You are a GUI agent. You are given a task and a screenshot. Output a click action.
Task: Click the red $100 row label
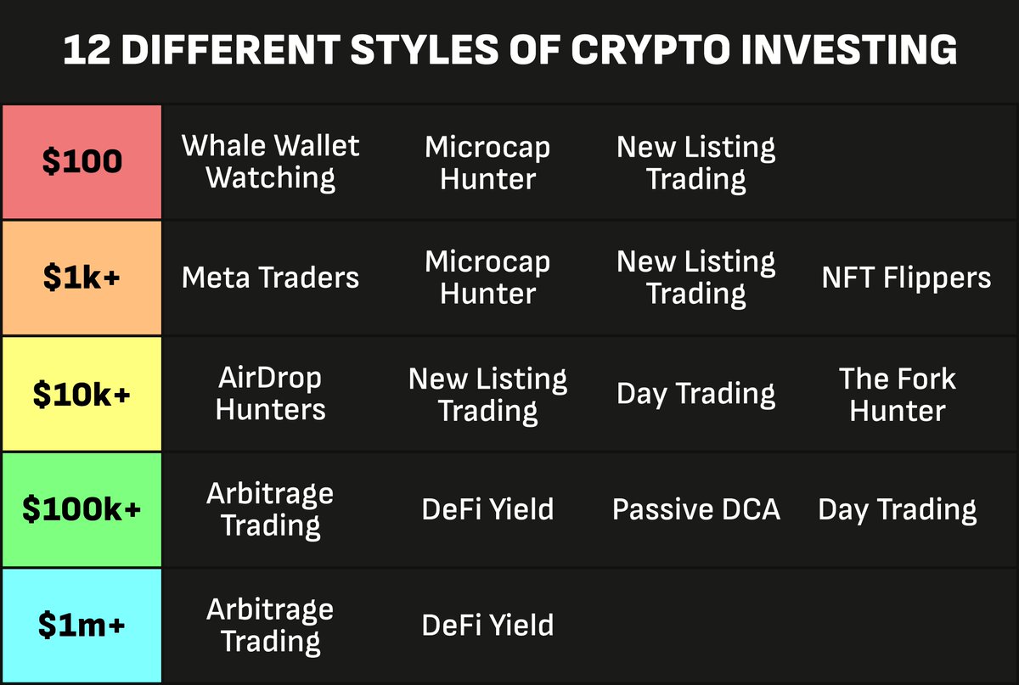[82, 162]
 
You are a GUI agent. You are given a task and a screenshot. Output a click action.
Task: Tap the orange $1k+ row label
[82, 278]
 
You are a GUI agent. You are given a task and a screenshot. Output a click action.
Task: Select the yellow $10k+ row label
[82, 394]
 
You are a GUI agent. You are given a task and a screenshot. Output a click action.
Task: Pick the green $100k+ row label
[82, 509]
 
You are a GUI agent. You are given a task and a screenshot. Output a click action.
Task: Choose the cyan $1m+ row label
[82, 626]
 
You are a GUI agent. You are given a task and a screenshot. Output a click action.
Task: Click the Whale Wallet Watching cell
[271, 162]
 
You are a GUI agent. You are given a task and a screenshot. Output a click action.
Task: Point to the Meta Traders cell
[271, 278]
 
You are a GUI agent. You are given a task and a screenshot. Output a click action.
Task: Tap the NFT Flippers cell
[906, 278]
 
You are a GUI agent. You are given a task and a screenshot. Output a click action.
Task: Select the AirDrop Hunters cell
[271, 394]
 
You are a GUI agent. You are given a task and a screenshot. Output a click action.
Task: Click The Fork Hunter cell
[898, 394]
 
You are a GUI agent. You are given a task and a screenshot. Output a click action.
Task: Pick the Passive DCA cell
[696, 509]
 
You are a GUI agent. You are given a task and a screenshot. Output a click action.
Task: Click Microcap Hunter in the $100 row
[487, 162]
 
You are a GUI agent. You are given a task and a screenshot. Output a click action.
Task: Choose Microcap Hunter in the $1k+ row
[487, 278]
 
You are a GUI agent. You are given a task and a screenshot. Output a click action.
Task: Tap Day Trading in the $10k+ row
[696, 394]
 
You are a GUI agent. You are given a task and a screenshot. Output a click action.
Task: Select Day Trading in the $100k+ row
[898, 509]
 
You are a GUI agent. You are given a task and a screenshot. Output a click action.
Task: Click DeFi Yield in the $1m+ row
[487, 626]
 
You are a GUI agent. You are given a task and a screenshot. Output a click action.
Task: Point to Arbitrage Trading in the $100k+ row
[271, 509]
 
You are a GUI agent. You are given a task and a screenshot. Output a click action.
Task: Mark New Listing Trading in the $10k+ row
[487, 394]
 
